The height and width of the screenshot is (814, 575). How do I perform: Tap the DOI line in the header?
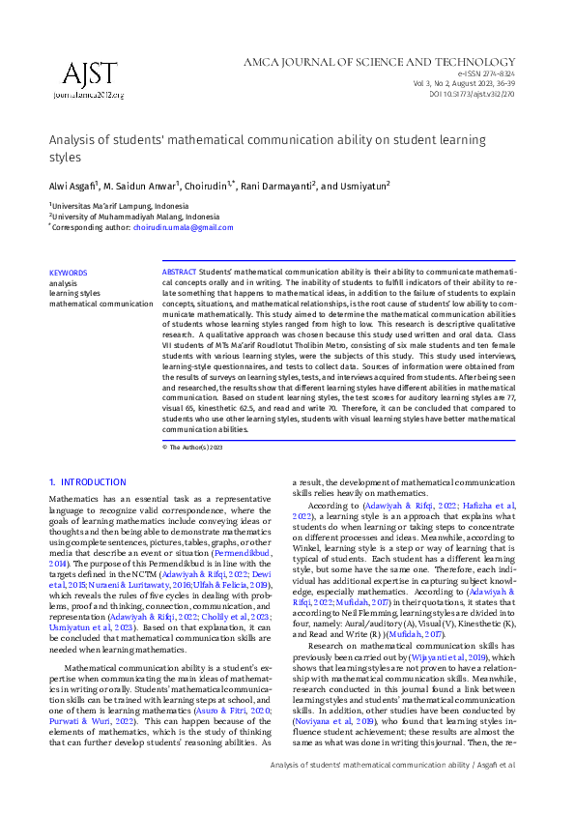pyautogui.click(x=472, y=95)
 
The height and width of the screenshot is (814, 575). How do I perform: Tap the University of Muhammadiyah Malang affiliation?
pyautogui.click(x=136, y=217)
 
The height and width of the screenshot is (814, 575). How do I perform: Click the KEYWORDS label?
pyautogui.click(x=68, y=273)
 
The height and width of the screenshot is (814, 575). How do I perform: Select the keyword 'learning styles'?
pyautogui.click(x=74, y=293)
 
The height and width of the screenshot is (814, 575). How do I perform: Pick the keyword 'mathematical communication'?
pyautogui.click(x=101, y=304)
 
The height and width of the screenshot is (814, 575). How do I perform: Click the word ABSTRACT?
pyautogui.click(x=179, y=273)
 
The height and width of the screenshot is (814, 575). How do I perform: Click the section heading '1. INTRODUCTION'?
pyautogui.click(x=87, y=482)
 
